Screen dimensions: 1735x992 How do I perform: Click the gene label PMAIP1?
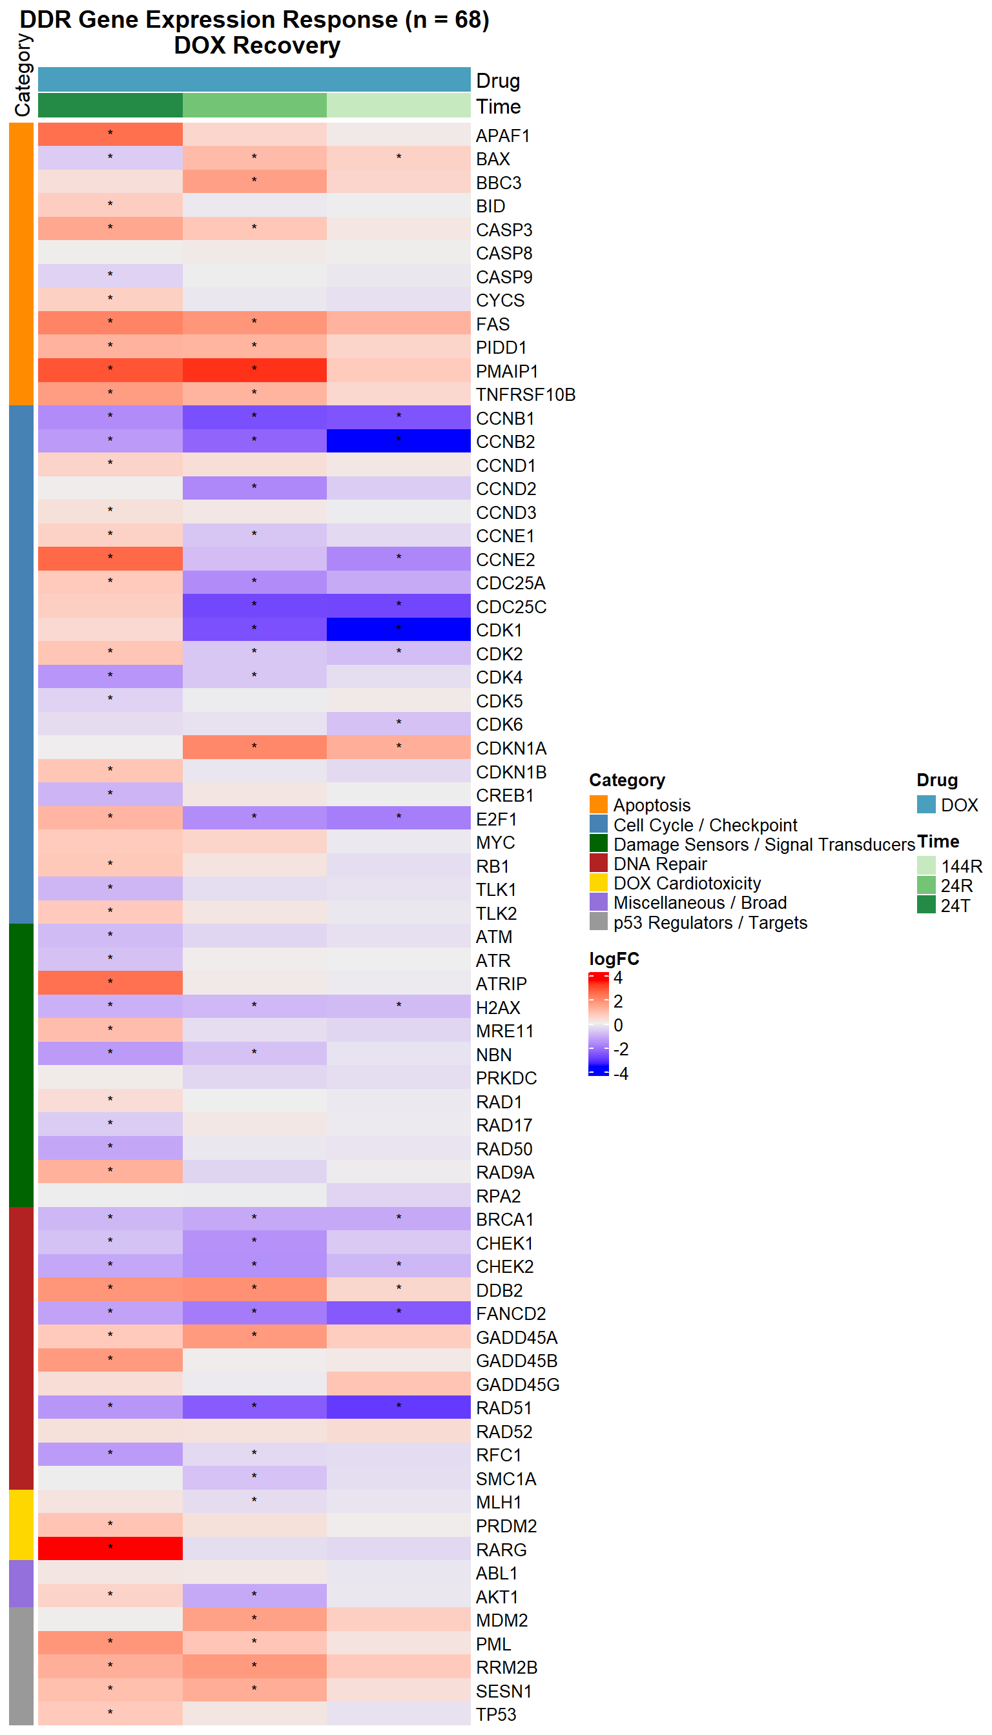coord(507,371)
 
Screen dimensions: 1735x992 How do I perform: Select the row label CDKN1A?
coord(511,748)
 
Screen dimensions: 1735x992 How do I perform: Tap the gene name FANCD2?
coord(511,1314)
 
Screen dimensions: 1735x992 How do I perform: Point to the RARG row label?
coord(501,1550)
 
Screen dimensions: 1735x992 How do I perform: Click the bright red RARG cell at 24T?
coord(110,1548)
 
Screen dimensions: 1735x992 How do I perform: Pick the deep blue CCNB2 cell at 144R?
coord(398,441)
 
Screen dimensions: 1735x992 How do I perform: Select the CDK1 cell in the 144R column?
coord(398,629)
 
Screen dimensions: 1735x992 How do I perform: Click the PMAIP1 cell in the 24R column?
coord(254,370)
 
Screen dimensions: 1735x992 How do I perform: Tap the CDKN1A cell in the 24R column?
coord(254,747)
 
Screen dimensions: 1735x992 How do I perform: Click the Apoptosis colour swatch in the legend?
coord(598,804)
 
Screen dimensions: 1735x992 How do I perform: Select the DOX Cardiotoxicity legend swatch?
coord(598,882)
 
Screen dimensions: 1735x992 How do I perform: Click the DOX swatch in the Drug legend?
coord(926,804)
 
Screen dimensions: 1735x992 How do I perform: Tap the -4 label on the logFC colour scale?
coord(621,1073)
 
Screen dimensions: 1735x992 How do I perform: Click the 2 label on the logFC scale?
coord(618,1001)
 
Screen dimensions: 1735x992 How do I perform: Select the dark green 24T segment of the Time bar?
coord(110,106)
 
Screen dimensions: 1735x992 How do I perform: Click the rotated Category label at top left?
coord(23,75)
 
